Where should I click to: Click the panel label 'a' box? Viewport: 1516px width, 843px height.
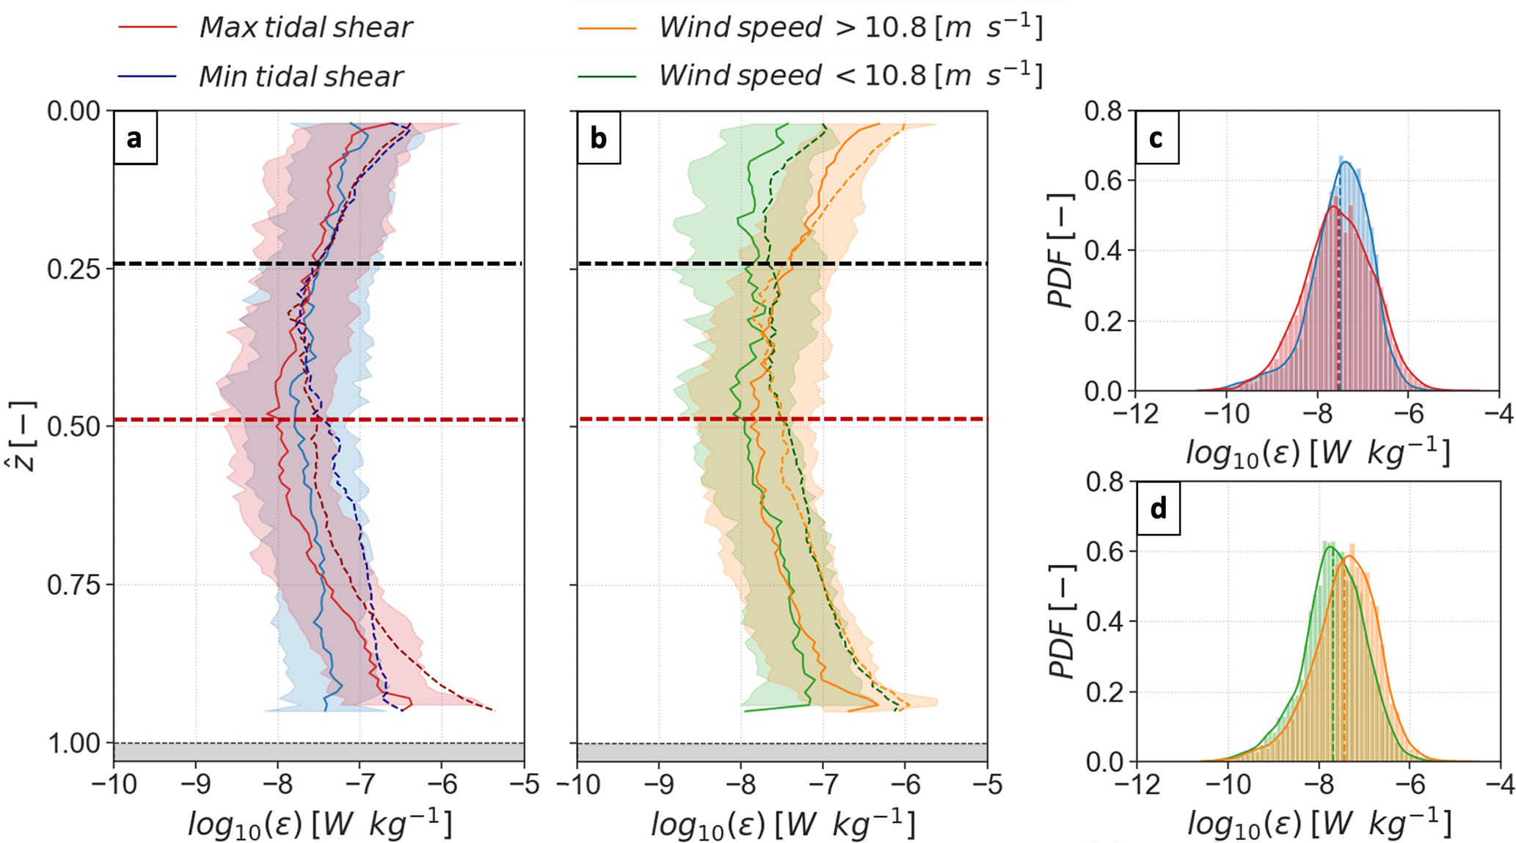coord(135,138)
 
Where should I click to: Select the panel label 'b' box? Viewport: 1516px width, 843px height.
coord(598,138)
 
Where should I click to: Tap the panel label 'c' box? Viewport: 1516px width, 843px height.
coord(1156,138)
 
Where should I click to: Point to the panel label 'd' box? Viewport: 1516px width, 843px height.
coord(1158,508)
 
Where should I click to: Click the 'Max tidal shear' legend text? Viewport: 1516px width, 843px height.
coord(305,28)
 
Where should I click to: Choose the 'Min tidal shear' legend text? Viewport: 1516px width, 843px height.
coord(301,76)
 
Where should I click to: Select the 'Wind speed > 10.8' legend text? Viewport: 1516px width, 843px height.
coord(850,27)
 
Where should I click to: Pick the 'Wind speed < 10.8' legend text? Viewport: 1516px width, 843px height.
coord(850,76)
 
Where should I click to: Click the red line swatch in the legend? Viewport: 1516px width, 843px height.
coord(147,28)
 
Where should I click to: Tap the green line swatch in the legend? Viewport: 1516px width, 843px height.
coord(607,76)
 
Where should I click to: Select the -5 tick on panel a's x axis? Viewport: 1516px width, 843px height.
coord(523,784)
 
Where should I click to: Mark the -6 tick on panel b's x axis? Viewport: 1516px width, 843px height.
coord(905,784)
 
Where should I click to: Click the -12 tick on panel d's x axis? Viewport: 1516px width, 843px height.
coord(1134,784)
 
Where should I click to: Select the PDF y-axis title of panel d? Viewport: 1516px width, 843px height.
coord(1061,621)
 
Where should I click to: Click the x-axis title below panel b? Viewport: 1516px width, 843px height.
coord(782,825)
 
